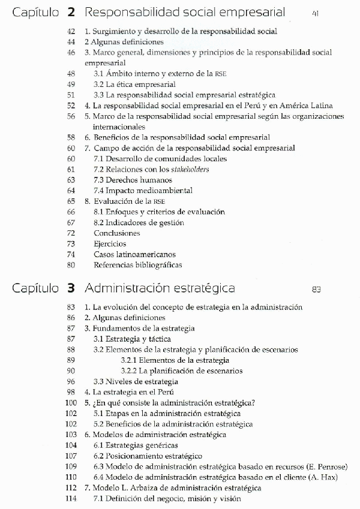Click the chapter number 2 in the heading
pos(71,11)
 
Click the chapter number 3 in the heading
pos(71,288)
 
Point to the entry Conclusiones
pos(117,233)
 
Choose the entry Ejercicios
pos(110,243)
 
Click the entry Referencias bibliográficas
pos(137,265)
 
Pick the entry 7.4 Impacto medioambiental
pos(143,191)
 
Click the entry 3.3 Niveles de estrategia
pos(136,381)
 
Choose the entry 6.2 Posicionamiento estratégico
pos(148,456)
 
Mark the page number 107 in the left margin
pos(70,456)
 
